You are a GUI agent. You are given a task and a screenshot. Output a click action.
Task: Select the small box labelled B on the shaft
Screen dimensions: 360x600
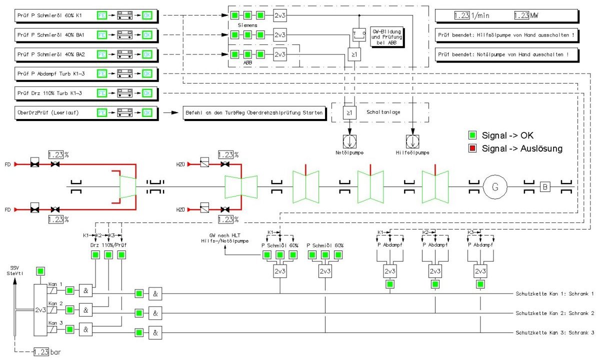point(545,188)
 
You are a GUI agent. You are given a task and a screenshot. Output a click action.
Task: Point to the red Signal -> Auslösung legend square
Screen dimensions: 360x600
point(471,148)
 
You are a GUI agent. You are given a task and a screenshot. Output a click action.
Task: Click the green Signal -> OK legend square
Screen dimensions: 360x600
point(471,135)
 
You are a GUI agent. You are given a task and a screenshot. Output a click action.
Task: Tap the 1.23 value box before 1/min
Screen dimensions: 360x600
point(461,15)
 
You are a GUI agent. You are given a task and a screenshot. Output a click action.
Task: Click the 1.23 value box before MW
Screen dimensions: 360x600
point(521,15)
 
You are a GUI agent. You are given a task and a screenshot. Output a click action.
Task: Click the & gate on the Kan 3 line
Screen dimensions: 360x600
point(86,329)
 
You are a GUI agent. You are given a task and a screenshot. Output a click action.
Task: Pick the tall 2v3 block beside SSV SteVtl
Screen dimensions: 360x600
point(40,310)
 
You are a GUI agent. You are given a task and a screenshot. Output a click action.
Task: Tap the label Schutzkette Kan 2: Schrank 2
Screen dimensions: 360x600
point(554,313)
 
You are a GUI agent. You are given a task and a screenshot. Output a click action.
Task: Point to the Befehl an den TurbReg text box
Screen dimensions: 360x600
point(253,113)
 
